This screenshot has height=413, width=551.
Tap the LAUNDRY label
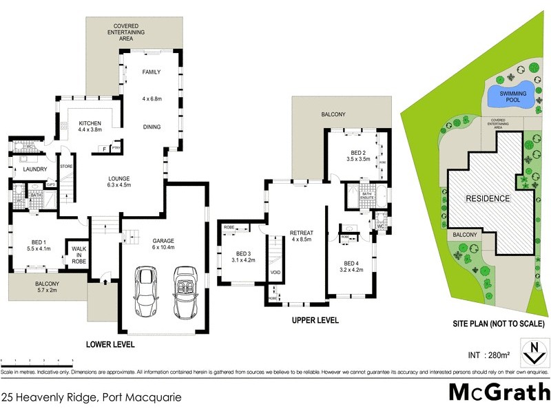click(34, 169)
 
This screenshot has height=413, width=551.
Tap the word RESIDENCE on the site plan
click(488, 198)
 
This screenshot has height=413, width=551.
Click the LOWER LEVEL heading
click(110, 344)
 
